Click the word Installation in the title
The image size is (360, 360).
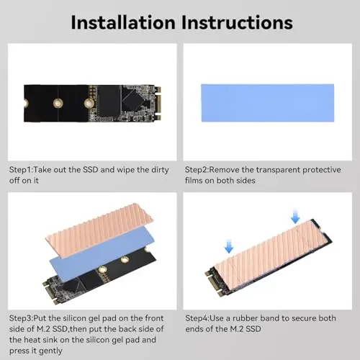[x=123, y=22]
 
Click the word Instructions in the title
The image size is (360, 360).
[x=237, y=22]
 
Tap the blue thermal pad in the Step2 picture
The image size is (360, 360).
[x=268, y=103]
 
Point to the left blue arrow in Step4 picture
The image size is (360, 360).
[x=229, y=246]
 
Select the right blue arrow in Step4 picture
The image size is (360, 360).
[x=295, y=216]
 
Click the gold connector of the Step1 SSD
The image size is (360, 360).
[x=158, y=104]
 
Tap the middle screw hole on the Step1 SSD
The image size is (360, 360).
[x=58, y=104]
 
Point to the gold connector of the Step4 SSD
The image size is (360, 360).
[x=216, y=284]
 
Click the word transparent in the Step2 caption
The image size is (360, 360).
[x=278, y=170]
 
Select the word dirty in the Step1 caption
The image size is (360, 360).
[x=160, y=170]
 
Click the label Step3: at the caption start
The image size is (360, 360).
[x=21, y=318]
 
